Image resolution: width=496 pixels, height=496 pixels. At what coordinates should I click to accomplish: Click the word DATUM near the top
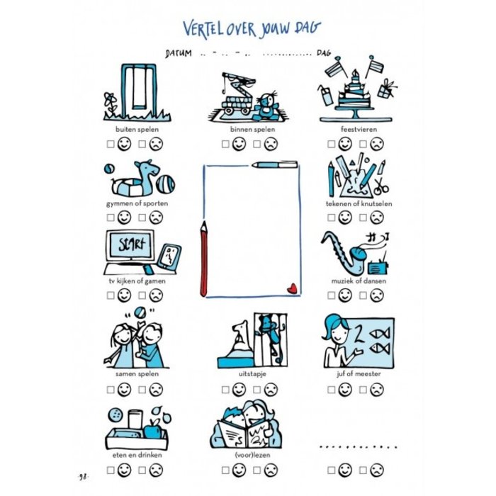179,53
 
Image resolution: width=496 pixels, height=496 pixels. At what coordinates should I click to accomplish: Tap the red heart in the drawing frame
292,288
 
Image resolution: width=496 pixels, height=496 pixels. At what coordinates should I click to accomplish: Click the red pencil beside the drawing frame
204,259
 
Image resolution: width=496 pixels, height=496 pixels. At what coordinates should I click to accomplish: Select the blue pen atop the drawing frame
275,164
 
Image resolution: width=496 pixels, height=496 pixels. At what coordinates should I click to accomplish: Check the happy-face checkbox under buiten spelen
111,145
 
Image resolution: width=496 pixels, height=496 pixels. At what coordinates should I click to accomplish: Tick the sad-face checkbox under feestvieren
363,145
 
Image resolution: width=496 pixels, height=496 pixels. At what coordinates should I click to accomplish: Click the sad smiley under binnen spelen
271,144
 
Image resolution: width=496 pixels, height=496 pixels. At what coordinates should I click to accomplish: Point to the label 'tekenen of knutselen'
359,204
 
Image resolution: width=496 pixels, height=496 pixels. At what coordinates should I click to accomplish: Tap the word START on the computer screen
130,244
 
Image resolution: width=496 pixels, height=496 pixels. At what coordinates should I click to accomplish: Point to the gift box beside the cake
387,89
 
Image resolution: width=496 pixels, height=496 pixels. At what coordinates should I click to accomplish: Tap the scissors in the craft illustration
381,186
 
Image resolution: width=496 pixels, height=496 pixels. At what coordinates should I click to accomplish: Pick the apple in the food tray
153,428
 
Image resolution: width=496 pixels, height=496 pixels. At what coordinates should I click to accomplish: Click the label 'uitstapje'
252,374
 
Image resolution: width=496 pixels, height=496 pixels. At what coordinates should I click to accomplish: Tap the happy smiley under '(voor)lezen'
239,470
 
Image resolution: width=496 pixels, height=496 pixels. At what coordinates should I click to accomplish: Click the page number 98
83,477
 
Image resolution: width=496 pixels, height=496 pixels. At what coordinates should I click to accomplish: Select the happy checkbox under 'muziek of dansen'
331,295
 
